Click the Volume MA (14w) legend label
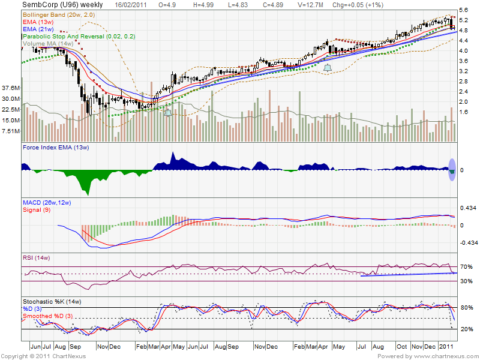click(x=49, y=43)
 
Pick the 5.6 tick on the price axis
click(x=464, y=10)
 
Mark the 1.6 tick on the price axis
click(x=464, y=112)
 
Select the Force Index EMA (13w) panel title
click(x=55, y=147)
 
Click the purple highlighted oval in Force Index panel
click(x=452, y=169)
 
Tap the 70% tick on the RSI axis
click(x=466, y=266)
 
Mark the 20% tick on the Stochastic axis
click(x=466, y=329)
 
